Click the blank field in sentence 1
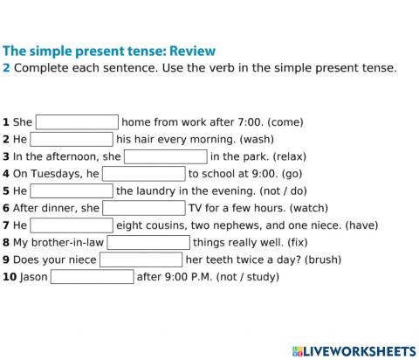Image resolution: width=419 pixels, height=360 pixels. tap(77, 122)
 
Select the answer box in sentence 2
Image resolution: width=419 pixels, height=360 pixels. tap(72, 139)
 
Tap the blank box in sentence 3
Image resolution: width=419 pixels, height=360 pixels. tap(166, 156)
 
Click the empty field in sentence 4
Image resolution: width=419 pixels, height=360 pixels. tap(144, 174)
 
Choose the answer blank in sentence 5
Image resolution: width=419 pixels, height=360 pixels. tap(72, 190)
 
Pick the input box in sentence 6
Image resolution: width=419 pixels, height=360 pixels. tap(144, 208)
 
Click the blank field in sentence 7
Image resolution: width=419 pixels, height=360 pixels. tap(72, 225)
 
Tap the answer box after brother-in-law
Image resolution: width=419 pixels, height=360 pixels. tap(148, 242)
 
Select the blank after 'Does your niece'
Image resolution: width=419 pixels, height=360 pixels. tap(141, 260)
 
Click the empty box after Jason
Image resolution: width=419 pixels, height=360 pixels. tap(92, 277)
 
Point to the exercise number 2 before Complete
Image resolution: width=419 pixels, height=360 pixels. tap(7, 68)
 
